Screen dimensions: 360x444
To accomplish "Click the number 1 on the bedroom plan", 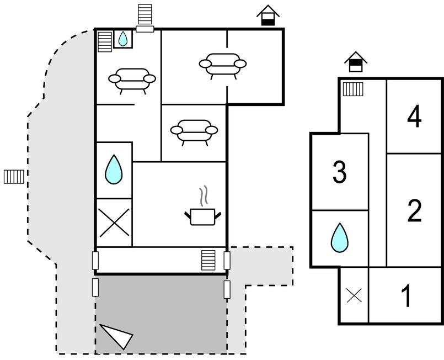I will click(406, 296).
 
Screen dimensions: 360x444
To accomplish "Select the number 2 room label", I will click(414, 210).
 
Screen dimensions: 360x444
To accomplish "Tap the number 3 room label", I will click(340, 172).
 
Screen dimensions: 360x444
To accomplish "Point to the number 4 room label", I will click(414, 117).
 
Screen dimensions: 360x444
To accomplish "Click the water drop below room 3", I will click(340, 238).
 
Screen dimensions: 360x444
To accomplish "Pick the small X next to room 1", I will click(354, 296).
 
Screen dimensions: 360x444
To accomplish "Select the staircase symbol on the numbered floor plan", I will click(352, 88).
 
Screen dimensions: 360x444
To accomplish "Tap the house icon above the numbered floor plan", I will click(356, 62).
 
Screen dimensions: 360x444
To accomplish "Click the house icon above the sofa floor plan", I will click(268, 15).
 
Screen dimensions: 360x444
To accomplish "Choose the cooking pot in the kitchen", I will click(202, 216).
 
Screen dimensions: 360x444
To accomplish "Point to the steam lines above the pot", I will click(204, 195).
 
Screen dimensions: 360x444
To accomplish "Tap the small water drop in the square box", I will click(122, 39).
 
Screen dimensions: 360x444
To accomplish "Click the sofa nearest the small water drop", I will click(131, 80).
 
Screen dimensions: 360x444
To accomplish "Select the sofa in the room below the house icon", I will click(222, 65).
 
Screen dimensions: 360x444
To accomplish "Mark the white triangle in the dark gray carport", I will click(117, 335).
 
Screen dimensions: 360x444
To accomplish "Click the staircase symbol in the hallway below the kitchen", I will click(208, 260).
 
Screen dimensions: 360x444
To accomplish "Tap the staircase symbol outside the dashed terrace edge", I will click(14, 177).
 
